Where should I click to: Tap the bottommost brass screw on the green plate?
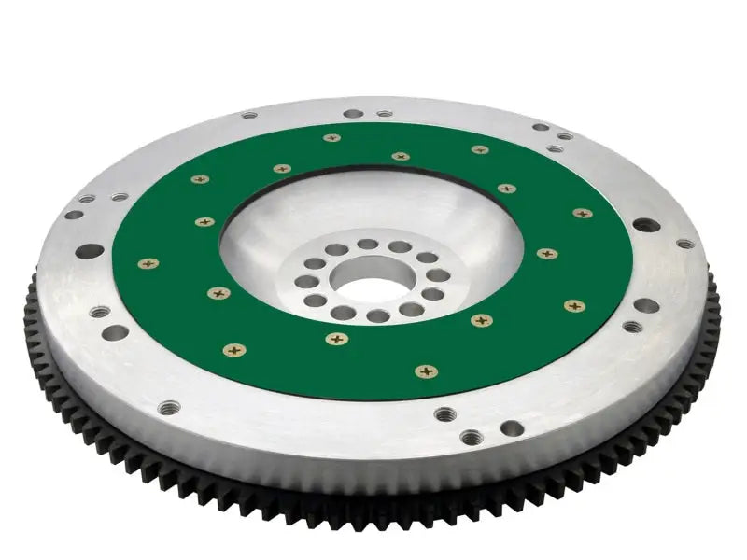tap(426, 371)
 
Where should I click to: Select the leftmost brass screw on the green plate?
tap(142, 263)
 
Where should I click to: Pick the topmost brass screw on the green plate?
tap(331, 138)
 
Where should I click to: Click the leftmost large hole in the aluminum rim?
tap(91, 251)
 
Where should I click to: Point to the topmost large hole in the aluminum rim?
tap(352, 114)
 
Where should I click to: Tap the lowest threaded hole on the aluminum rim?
tap(471, 436)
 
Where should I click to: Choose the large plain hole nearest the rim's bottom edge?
tap(511, 428)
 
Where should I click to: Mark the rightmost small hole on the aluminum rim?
tap(685, 244)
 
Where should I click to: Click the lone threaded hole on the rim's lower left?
tap(168, 407)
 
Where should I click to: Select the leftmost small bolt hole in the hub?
tap(302, 281)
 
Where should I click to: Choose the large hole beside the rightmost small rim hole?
tap(643, 225)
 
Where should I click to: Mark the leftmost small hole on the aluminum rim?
tap(73, 215)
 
